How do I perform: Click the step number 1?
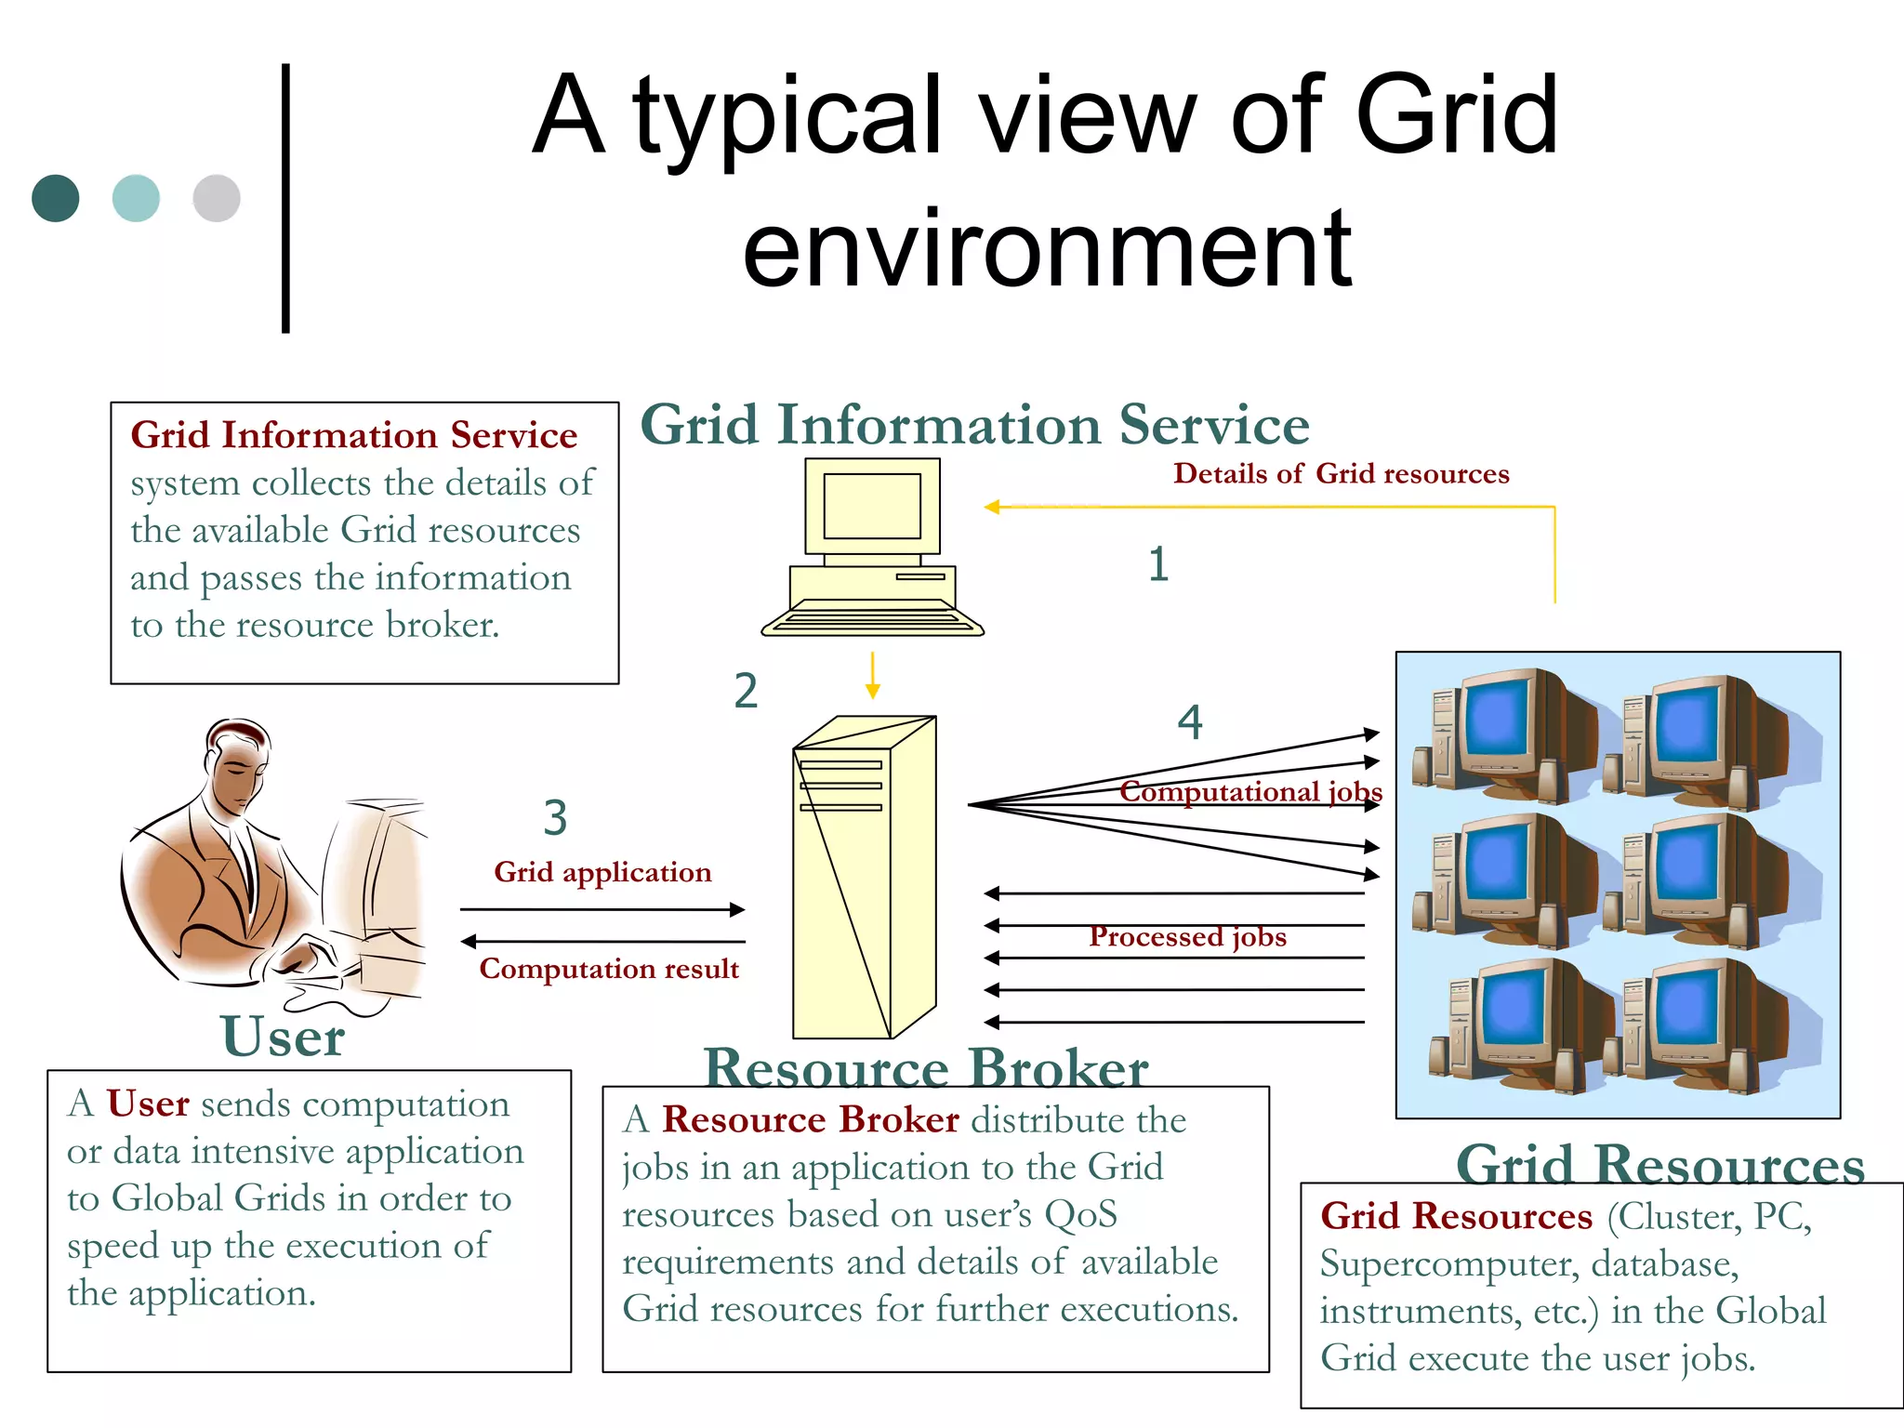[x=1157, y=564]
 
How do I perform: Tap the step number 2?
[x=746, y=691]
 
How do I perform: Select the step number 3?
[x=555, y=818]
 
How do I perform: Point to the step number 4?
[x=1190, y=722]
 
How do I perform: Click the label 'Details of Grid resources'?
[x=1341, y=474]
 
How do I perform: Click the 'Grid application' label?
[x=602, y=872]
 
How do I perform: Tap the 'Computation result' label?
[x=609, y=969]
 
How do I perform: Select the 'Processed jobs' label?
[x=1187, y=936]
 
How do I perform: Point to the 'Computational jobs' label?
[x=1250, y=791]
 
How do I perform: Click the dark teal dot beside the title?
[x=56, y=198]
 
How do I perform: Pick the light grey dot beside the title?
[x=217, y=198]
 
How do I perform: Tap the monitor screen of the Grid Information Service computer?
[x=872, y=507]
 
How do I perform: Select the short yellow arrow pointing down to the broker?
[x=872, y=676]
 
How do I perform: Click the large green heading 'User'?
[x=283, y=1036]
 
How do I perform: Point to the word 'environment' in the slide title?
[x=1047, y=249]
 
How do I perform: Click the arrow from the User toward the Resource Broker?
[x=602, y=909]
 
